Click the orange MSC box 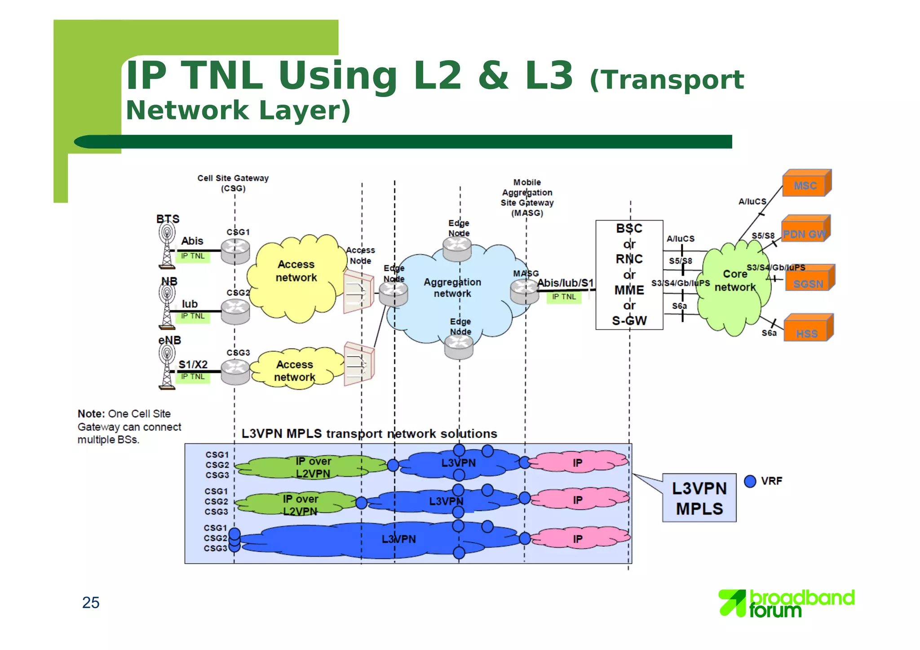(806, 185)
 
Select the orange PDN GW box (805, 233)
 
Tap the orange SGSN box (809, 282)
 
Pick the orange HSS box (807, 332)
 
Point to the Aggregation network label (452, 287)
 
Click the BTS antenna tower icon (167, 245)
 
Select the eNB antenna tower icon (167, 366)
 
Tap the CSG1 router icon (235, 251)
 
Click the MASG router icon (524, 292)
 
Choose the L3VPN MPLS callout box (699, 498)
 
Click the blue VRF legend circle (750, 481)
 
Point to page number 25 (91, 602)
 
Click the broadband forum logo (786, 603)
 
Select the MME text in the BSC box (629, 290)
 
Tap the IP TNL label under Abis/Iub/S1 (564, 297)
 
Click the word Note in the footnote (91, 414)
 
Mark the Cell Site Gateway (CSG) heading (233, 183)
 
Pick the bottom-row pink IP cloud (579, 538)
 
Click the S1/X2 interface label (193, 364)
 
